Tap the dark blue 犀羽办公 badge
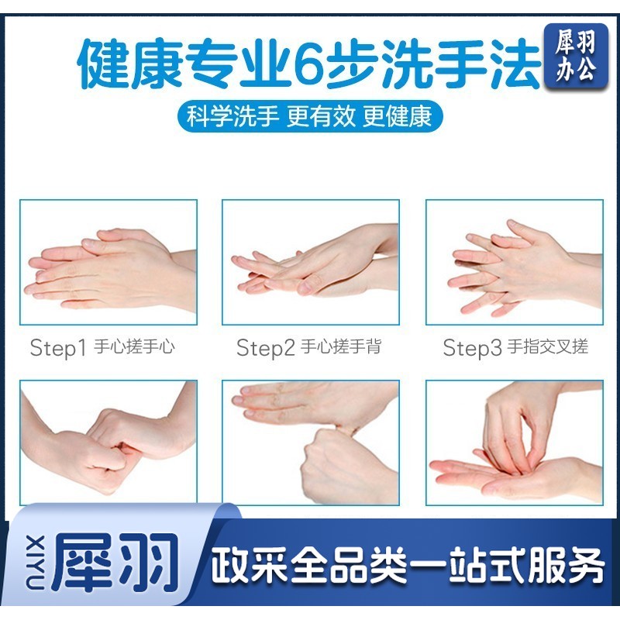coord(576,56)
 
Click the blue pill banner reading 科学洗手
coord(309,116)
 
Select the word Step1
coord(57,347)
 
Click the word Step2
coord(266,347)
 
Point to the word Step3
coord(472,347)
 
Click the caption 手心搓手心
coord(134,346)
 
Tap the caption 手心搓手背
coord(341,346)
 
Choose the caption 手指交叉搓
coord(548,346)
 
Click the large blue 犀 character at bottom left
coord(82,563)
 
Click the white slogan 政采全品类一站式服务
coord(408,565)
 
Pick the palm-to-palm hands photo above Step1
coord(108,262)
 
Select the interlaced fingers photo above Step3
coord(515,262)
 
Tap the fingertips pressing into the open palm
coord(515,443)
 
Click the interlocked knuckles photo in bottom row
coord(108,443)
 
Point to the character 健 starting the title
coord(103,64)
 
